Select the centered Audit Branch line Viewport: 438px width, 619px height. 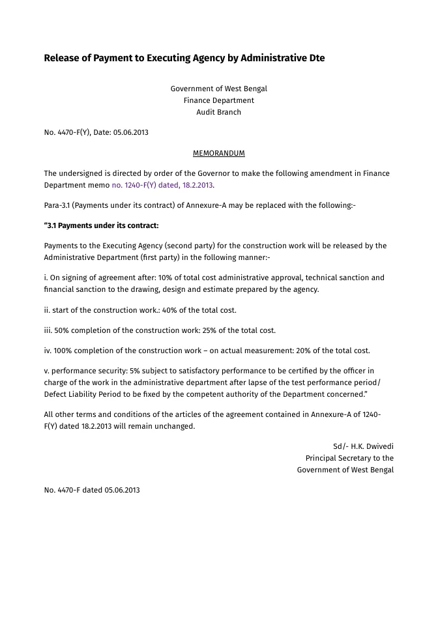218,112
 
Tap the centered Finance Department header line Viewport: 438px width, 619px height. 218,100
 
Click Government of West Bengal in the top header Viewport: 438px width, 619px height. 218,89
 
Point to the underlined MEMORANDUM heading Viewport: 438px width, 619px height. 218,153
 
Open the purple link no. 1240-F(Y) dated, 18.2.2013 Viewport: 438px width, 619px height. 162,185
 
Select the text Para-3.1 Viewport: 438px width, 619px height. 57,205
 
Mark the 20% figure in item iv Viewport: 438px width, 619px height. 304,351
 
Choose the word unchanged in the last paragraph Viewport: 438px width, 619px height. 175,426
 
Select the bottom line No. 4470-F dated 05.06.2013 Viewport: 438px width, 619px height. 92,490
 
